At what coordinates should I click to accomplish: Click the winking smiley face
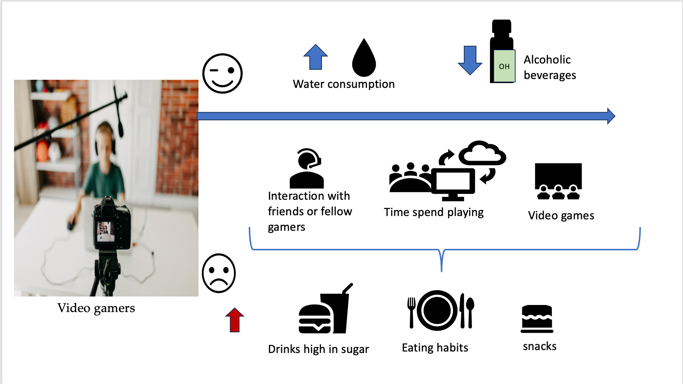(222, 73)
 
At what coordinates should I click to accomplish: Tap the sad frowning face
(219, 273)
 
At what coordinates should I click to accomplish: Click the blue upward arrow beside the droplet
(315, 57)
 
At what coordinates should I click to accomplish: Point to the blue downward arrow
(470, 60)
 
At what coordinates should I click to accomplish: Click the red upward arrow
(235, 320)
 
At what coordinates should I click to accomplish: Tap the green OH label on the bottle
(504, 66)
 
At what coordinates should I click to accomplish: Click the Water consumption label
(344, 84)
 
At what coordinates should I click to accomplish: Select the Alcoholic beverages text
(550, 67)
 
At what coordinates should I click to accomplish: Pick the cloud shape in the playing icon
(482, 153)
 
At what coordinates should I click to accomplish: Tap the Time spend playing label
(434, 212)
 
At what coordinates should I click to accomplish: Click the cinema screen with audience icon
(558, 181)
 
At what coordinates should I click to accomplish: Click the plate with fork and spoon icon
(440, 310)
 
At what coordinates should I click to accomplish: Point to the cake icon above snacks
(537, 319)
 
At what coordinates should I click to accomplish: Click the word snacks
(540, 346)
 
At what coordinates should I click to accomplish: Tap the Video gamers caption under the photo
(96, 308)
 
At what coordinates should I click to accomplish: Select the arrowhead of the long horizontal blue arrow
(611, 116)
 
